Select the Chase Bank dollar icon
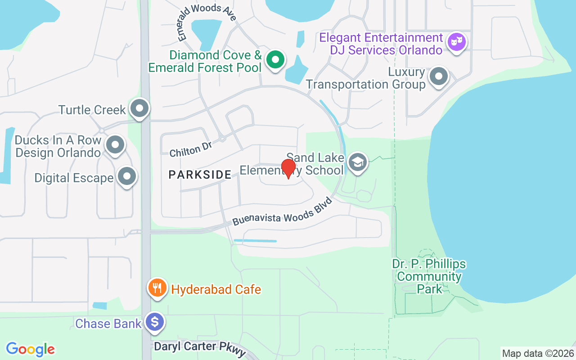(x=155, y=322)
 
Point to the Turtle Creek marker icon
(x=139, y=108)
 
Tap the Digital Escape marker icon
(x=127, y=176)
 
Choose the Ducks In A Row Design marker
(x=115, y=145)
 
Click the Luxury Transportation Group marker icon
(x=438, y=76)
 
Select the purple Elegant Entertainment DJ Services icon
(x=456, y=42)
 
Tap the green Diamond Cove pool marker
(x=274, y=59)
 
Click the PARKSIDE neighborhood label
(x=200, y=175)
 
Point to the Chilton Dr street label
(x=190, y=148)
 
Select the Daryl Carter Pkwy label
(x=200, y=348)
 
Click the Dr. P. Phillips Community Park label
(x=429, y=276)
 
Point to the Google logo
(x=30, y=349)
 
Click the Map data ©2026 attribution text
(x=538, y=353)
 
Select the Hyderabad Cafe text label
(x=216, y=289)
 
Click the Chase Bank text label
(x=108, y=323)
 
